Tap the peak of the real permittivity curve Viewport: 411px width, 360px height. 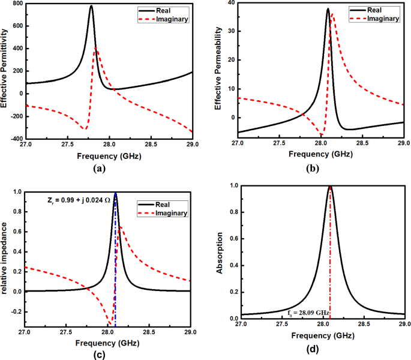(x=91, y=7)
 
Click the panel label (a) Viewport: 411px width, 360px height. (x=100, y=169)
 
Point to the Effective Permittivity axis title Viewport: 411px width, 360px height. (x=5, y=71)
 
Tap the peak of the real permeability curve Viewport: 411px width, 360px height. (x=328, y=9)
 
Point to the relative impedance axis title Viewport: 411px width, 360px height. (x=5, y=258)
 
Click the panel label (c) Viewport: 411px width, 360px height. (x=100, y=355)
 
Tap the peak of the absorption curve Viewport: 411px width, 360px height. (x=329, y=187)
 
